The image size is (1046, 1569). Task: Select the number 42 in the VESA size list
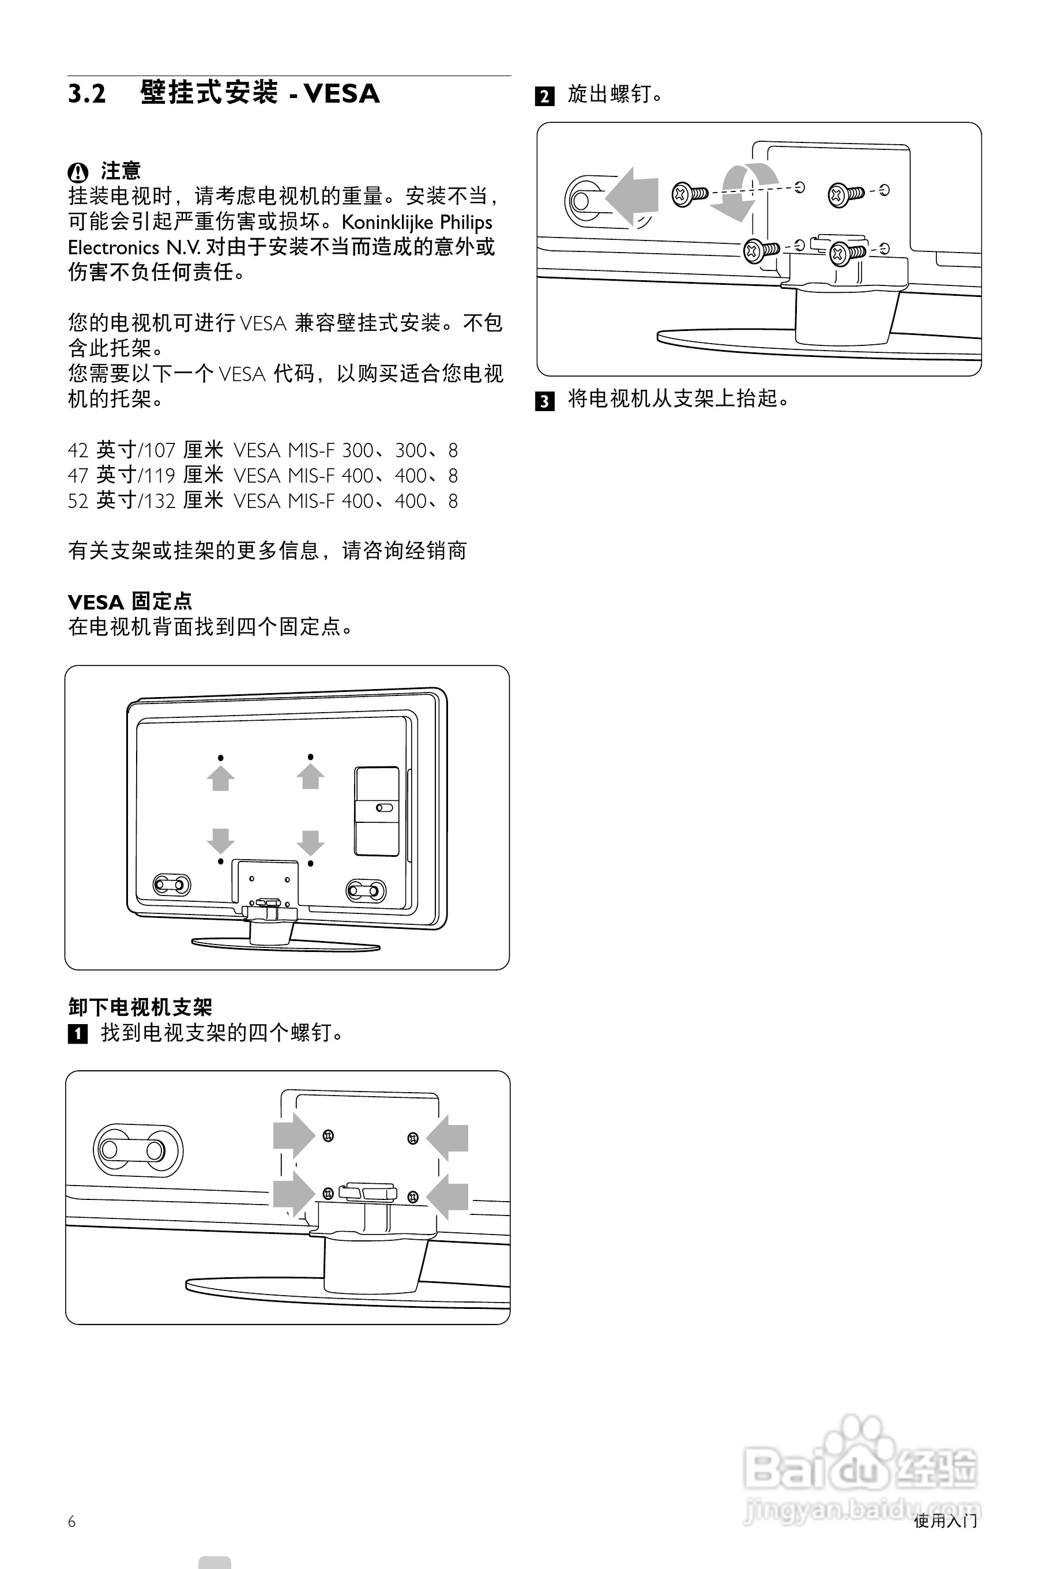click(77, 451)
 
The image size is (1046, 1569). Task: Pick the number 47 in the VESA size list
click(77, 476)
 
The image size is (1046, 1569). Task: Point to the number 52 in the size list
click(77, 502)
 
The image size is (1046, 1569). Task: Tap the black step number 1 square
click(78, 1034)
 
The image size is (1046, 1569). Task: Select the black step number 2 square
click(545, 97)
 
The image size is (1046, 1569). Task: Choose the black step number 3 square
click(545, 401)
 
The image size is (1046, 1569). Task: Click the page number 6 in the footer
click(72, 1522)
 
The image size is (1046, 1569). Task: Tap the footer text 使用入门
click(945, 1522)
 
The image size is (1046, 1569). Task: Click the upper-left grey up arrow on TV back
click(220, 778)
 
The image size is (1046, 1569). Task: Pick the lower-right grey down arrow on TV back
click(310, 842)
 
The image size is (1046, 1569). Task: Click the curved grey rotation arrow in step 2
click(743, 189)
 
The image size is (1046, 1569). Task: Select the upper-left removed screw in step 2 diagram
click(688, 194)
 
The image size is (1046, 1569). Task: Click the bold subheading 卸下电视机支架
click(140, 1007)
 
